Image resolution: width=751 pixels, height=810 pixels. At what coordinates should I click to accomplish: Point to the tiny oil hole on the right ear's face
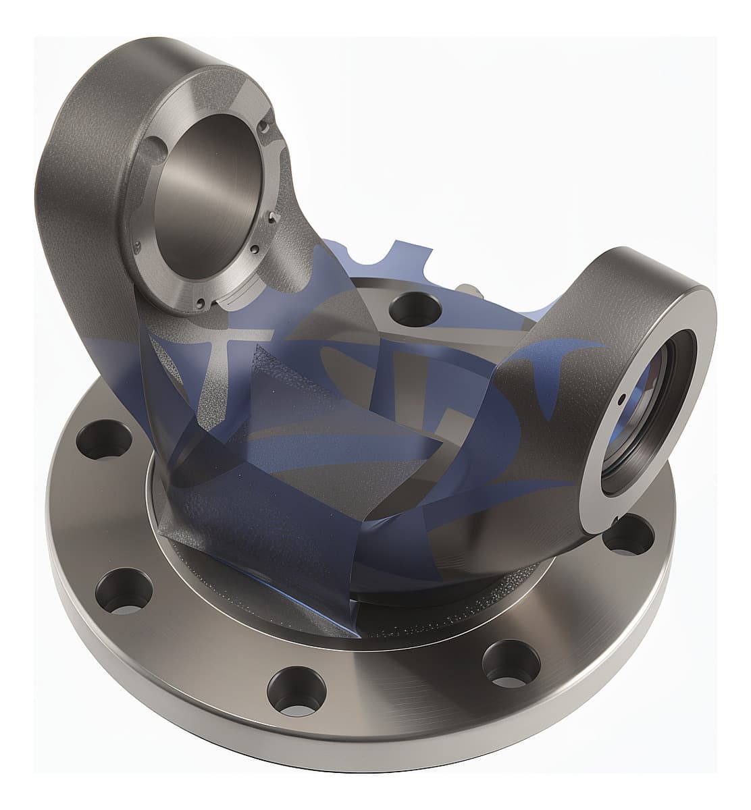coord(621,398)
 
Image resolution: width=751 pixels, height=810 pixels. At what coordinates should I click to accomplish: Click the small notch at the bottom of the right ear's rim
coord(617,518)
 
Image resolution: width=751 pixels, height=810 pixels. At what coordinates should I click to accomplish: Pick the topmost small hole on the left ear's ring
coord(265,126)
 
